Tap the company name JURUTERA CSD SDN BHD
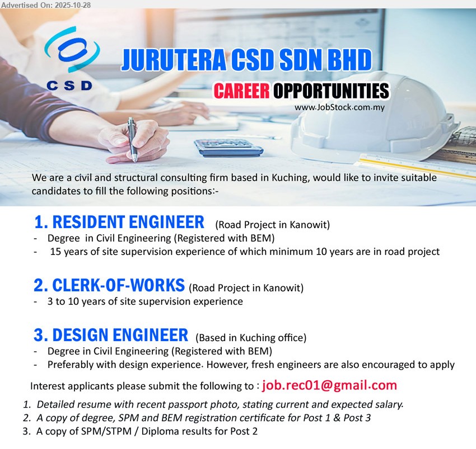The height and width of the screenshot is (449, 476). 246,60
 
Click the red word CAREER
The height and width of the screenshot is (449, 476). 241,91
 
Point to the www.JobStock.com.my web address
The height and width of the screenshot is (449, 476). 339,107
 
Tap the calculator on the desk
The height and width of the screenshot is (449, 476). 228,148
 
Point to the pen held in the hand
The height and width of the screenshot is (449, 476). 132,137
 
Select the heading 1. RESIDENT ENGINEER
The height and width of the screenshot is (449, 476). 119,223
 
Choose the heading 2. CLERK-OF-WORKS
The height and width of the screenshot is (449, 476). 109,286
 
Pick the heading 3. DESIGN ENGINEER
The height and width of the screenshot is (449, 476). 111,335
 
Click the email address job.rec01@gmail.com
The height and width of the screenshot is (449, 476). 329,385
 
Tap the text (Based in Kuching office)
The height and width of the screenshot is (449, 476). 250,338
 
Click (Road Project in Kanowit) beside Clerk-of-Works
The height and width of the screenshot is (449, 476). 246,289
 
